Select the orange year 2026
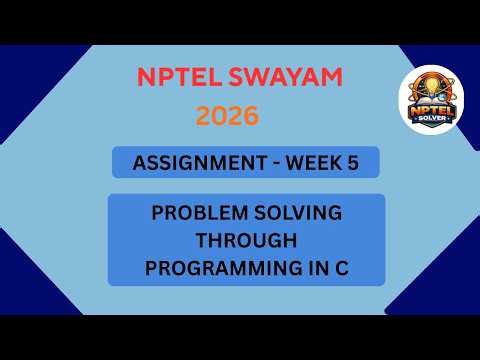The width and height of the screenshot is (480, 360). pyautogui.click(x=227, y=116)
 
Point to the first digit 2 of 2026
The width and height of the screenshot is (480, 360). pyautogui.click(x=203, y=116)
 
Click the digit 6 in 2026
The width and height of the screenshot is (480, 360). pyautogui.click(x=251, y=116)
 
